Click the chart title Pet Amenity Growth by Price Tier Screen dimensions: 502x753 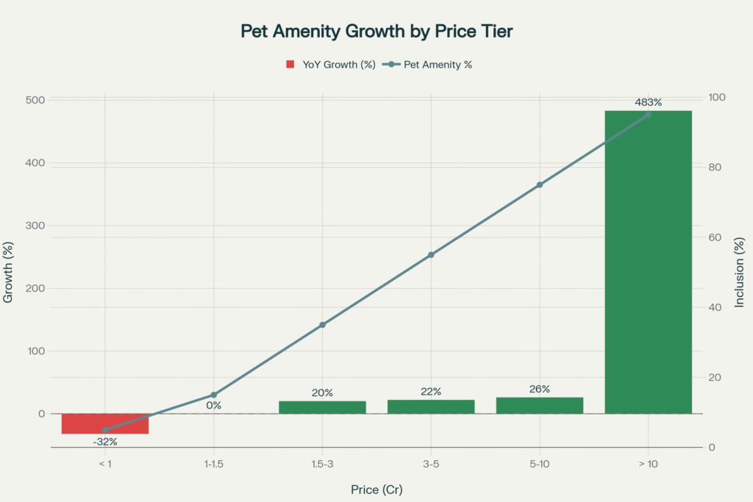pos(376,32)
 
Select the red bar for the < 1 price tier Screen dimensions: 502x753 pos(105,423)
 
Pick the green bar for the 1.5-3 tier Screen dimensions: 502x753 pos(322,407)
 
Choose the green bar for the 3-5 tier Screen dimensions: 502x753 pos(431,406)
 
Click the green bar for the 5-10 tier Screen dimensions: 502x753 pos(540,405)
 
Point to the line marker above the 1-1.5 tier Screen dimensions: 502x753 pos(214,395)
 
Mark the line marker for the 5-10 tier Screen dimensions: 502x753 pos(540,184)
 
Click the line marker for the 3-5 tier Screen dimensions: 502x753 pos(431,255)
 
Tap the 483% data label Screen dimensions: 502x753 pos(648,101)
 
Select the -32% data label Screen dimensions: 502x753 pos(105,442)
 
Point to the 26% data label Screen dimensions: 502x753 pos(540,389)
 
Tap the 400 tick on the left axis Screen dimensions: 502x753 pos(35,162)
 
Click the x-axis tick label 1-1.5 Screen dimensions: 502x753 pos(214,465)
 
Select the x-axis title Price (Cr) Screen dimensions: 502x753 pos(376,489)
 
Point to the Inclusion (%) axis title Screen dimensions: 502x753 pos(740,272)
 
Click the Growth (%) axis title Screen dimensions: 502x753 pos(9,272)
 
